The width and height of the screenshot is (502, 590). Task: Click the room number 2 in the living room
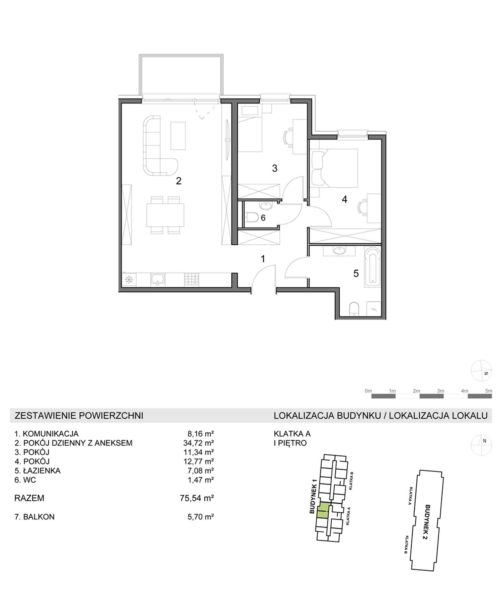click(x=179, y=181)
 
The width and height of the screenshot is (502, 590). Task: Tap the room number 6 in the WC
click(x=263, y=218)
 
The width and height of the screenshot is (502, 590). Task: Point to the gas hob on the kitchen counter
click(x=191, y=279)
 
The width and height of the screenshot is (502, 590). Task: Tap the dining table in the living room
click(x=165, y=215)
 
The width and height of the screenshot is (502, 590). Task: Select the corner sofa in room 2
click(x=159, y=146)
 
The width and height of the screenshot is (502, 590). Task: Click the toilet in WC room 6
click(x=251, y=218)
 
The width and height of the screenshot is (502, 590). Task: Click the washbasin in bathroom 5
click(x=339, y=250)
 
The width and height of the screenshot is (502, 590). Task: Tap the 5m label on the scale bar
click(x=489, y=391)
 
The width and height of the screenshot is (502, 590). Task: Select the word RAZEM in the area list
click(x=29, y=498)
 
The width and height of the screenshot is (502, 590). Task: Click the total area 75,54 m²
click(x=197, y=498)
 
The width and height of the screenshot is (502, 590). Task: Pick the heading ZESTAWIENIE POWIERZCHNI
click(x=79, y=416)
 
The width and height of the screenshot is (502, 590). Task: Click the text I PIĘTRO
click(x=290, y=443)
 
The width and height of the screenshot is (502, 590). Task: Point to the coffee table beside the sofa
click(x=178, y=136)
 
